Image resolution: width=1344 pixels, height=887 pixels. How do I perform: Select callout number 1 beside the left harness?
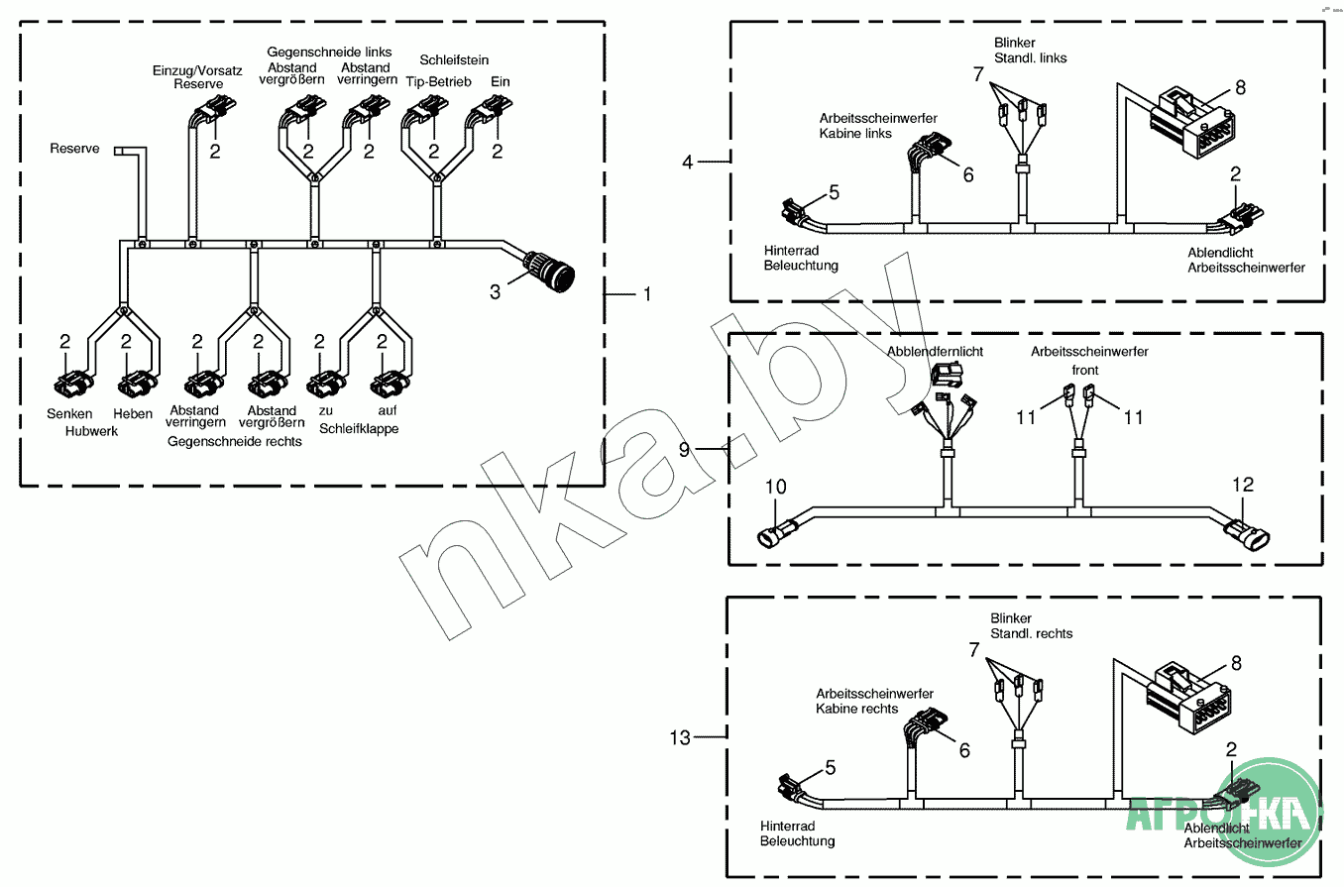tap(647, 294)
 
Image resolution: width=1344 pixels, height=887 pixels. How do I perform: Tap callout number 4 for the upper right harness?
tap(688, 161)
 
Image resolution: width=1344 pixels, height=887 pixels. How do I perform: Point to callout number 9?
tap(684, 449)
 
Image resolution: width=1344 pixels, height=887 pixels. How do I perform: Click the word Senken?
tap(69, 413)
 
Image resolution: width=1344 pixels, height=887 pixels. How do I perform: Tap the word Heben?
tap(133, 413)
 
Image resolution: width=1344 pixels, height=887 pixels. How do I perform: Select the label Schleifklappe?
tap(359, 429)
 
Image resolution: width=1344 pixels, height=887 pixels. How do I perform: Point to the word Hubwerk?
tap(91, 431)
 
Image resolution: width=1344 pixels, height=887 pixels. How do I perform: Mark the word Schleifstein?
tap(454, 60)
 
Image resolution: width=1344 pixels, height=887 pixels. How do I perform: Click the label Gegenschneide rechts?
tap(235, 440)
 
